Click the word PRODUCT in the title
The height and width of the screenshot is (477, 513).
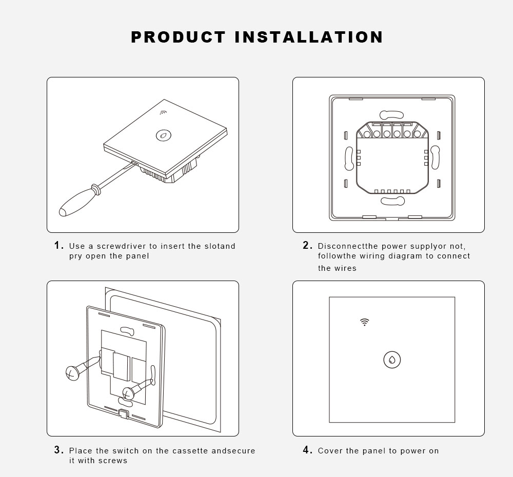tap(179, 37)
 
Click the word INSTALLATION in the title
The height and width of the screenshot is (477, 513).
tap(309, 37)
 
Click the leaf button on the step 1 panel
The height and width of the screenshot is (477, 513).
tap(164, 135)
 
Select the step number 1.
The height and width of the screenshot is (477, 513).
tap(59, 245)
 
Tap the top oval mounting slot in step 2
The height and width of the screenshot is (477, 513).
tap(391, 115)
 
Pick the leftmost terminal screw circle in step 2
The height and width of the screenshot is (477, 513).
tap(367, 134)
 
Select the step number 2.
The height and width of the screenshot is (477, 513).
tap(307, 245)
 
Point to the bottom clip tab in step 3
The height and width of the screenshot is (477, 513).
tap(124, 413)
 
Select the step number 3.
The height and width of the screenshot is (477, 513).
tap(59, 450)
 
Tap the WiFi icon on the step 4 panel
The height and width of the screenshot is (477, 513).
tap(364, 322)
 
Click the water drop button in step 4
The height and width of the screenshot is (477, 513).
tap(392, 360)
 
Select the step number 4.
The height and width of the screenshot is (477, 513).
tap(307, 450)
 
